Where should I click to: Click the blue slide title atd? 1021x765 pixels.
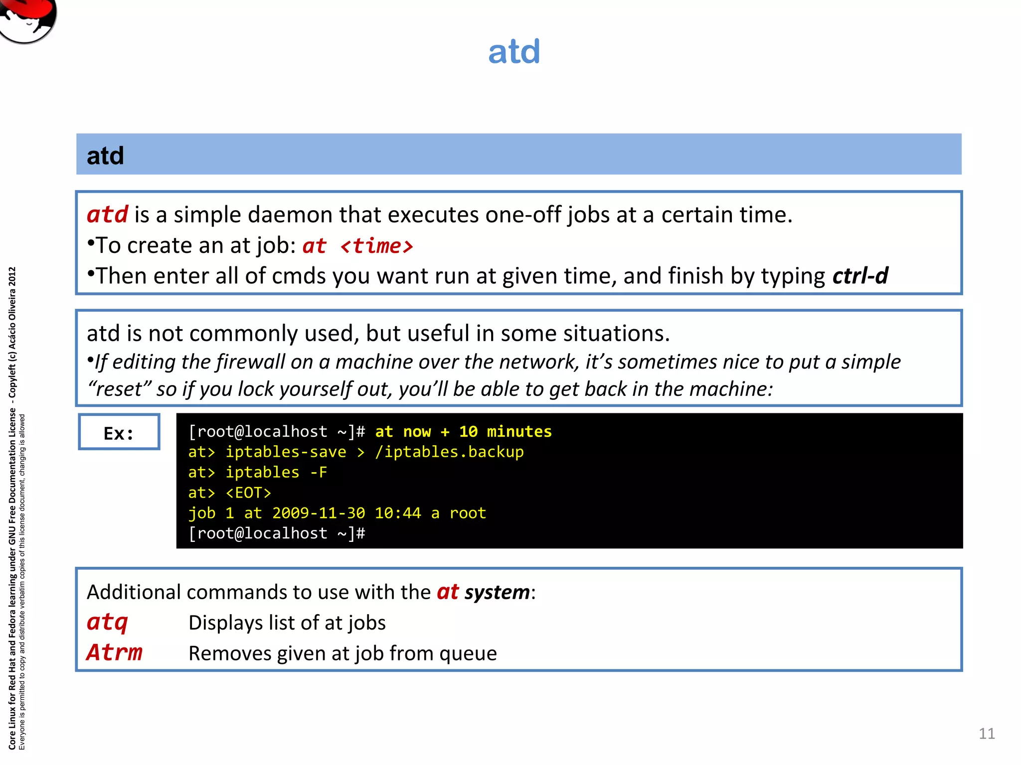point(514,51)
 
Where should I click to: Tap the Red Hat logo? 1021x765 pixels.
point(27,20)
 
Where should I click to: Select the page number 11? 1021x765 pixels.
point(987,734)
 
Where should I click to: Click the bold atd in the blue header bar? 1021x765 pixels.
point(105,156)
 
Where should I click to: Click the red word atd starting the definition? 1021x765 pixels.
point(108,215)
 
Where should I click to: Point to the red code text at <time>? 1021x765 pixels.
point(358,246)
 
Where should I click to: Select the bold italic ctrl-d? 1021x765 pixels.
point(860,276)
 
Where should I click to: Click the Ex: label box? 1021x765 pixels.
point(119,432)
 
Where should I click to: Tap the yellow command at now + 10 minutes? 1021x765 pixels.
point(463,431)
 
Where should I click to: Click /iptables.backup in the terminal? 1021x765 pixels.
point(449,452)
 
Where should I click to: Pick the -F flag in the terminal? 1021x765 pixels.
point(319,472)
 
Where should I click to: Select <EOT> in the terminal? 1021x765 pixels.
point(248,493)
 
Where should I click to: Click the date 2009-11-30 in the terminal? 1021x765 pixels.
point(319,513)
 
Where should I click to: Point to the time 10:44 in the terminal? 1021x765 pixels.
point(398,513)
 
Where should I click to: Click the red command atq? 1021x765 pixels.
point(107,623)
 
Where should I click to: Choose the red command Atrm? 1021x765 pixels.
point(115,653)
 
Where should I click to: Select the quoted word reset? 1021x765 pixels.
point(120,389)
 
